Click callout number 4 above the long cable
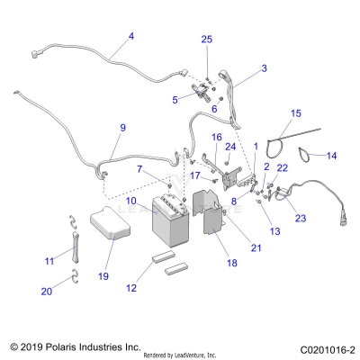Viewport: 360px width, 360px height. point(130,36)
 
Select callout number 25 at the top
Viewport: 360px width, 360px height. point(206,40)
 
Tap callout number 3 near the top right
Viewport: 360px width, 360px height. point(264,67)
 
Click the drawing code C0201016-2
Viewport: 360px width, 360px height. point(320,346)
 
